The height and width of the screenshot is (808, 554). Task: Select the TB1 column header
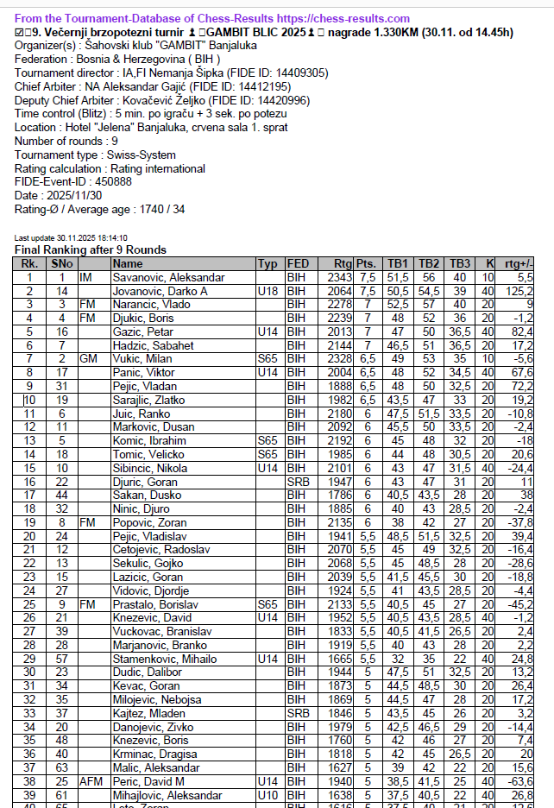pos(396,264)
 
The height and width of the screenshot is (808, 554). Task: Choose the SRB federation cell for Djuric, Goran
pos(298,481)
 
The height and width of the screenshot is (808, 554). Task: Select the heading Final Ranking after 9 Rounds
pos(91,250)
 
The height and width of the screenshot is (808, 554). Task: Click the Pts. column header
pos(367,264)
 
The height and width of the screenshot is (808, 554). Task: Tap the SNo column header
pos(61,264)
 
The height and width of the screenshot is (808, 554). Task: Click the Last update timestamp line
pos(71,238)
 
